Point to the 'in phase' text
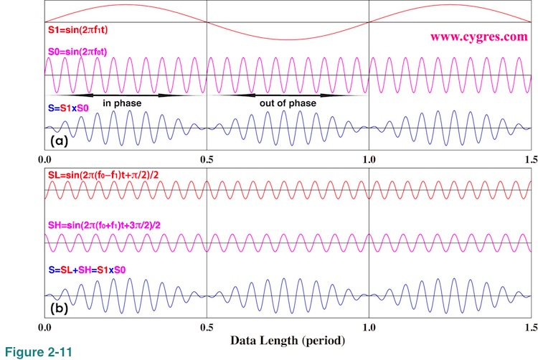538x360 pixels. (x=122, y=103)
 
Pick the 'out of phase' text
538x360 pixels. (x=288, y=103)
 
